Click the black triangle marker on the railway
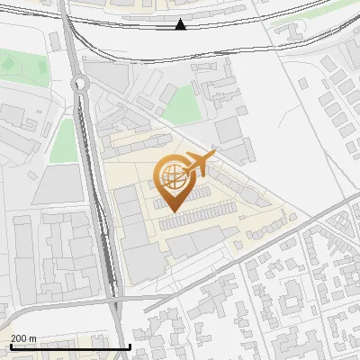tap(181, 24)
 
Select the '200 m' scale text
tap(23, 338)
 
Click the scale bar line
tap(70, 346)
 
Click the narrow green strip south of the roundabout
tap(63, 141)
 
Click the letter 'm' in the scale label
tap(32, 338)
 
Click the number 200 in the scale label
tap(19, 338)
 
